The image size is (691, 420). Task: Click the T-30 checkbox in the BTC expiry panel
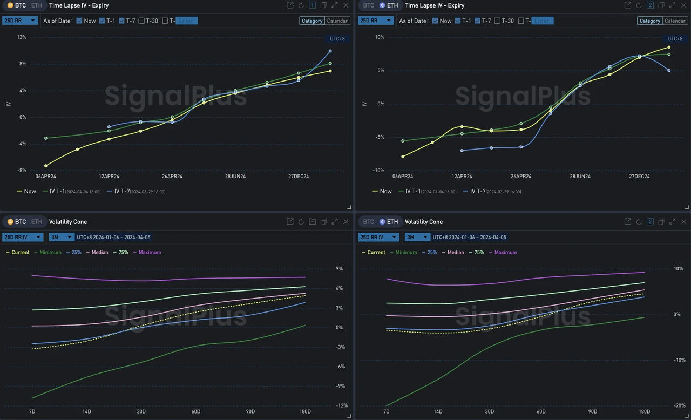(141, 21)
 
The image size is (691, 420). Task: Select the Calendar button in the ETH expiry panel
(675, 21)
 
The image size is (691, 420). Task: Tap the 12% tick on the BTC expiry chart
(22, 37)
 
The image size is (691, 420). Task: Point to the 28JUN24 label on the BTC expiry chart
(235, 177)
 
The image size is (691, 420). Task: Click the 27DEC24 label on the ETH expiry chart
(639, 177)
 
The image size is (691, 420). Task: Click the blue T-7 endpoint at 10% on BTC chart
(330, 51)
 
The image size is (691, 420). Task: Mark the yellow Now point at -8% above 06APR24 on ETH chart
(403, 157)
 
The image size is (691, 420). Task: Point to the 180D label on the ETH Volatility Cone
(644, 412)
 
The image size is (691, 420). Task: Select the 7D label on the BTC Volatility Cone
(33, 412)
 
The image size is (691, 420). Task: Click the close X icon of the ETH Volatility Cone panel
(684, 222)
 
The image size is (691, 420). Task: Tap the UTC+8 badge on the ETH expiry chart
(675, 39)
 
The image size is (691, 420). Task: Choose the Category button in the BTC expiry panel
(312, 21)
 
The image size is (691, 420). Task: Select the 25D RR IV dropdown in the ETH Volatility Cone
(378, 237)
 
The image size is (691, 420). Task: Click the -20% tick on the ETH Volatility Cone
(679, 405)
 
